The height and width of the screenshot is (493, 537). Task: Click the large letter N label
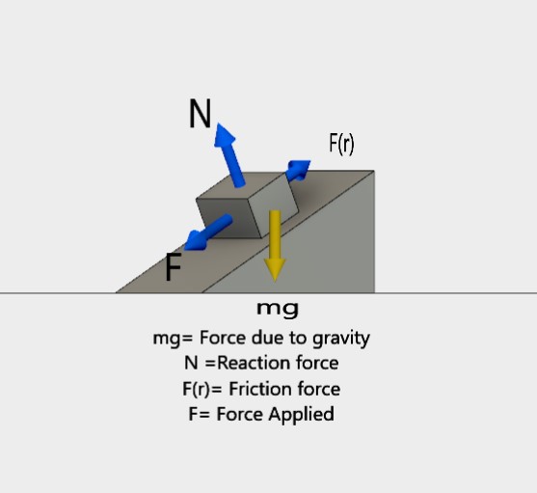[x=200, y=115]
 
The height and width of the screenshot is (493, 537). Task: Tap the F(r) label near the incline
[x=341, y=144]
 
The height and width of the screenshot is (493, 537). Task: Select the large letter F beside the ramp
[x=174, y=267]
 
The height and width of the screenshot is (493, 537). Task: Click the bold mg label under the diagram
[x=277, y=310]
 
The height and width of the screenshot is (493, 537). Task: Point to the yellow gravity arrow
[x=275, y=241]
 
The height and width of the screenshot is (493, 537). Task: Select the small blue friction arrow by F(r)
[x=299, y=171]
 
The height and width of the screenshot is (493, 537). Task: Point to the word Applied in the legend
[x=303, y=414]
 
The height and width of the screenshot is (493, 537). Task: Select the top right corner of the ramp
[x=373, y=172]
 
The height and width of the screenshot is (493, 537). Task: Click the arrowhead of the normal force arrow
[x=224, y=134]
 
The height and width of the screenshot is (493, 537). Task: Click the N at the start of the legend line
[x=190, y=364]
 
